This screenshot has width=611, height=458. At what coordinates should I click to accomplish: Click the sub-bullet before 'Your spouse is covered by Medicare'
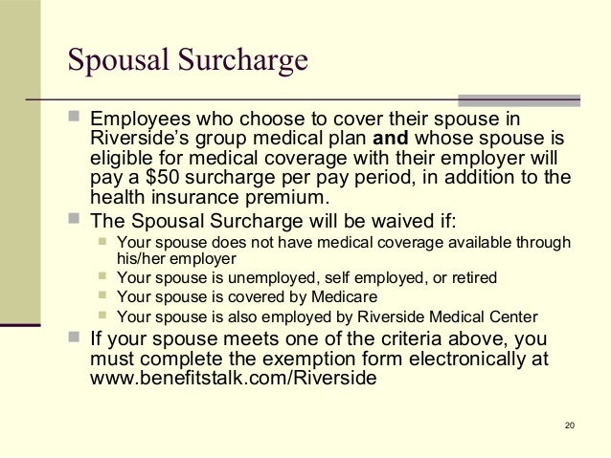click(x=103, y=296)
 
